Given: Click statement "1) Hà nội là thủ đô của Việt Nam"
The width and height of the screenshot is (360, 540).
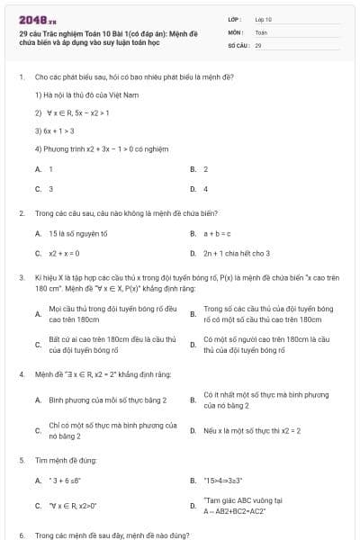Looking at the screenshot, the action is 82,94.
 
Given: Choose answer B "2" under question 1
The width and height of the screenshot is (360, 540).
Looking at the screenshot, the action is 205,168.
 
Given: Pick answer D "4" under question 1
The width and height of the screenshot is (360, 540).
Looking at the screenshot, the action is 205,189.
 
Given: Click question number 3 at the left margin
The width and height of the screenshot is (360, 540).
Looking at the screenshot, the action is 21,279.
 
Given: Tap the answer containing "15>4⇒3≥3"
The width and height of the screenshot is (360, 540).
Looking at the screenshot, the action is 224,480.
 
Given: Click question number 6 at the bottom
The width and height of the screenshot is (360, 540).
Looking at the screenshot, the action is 21,535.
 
